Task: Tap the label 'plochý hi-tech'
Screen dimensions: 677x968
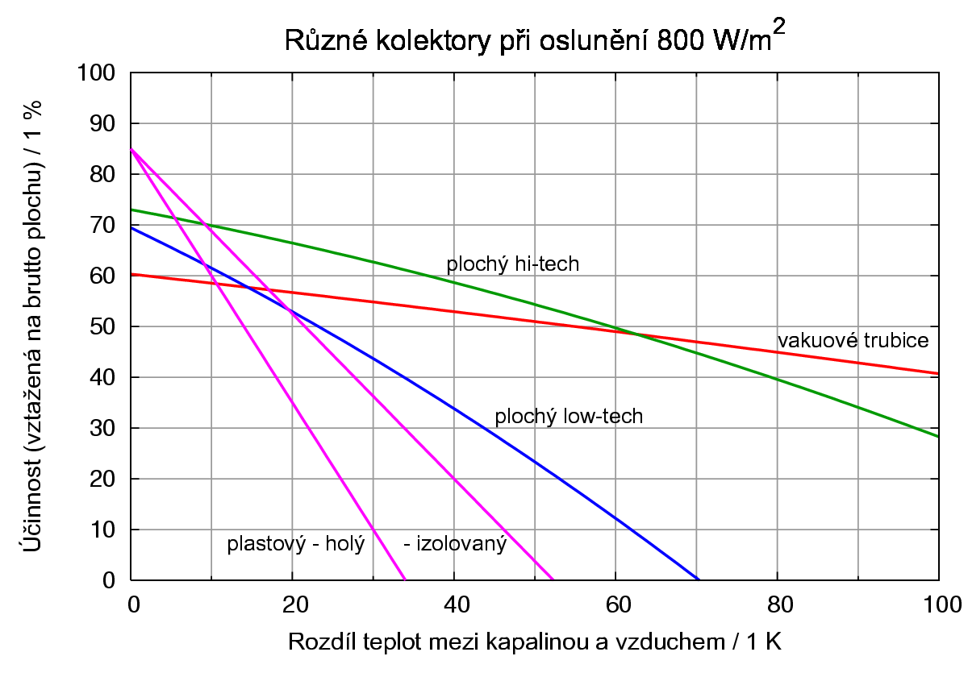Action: (512, 264)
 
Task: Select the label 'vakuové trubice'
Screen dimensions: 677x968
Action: (853, 340)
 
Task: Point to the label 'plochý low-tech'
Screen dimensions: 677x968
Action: (569, 417)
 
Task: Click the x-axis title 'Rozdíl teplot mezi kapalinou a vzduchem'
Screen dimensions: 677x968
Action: (534, 642)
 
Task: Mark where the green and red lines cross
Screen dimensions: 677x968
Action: (636, 334)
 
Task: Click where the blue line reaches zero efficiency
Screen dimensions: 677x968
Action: (699, 579)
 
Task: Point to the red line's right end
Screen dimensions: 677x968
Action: (938, 373)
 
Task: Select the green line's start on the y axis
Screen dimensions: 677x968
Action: (131, 210)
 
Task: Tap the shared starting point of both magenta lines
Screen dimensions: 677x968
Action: (131, 149)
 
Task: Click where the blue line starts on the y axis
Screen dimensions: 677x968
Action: (131, 227)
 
